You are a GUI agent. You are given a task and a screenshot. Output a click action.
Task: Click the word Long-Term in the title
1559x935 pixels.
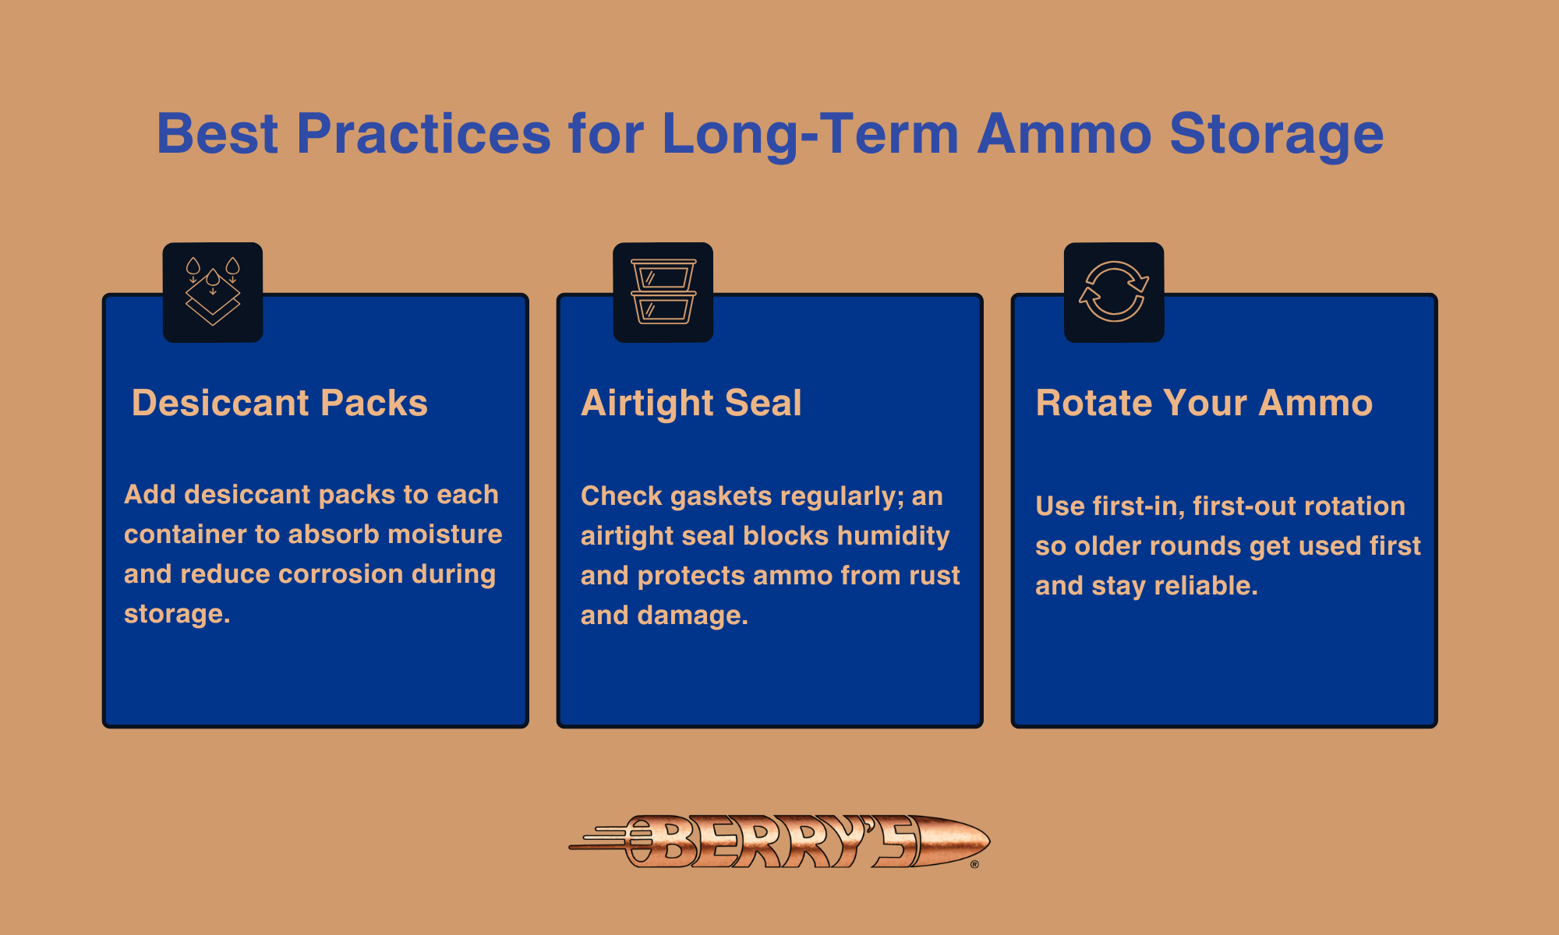click(810, 134)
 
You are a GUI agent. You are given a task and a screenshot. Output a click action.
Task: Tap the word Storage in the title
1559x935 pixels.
click(1276, 134)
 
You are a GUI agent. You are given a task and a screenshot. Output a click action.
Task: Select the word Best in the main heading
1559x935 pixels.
click(217, 134)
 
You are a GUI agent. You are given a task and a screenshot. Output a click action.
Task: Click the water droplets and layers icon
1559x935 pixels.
click(213, 292)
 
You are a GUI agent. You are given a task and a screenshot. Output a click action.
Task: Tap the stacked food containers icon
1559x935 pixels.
click(663, 292)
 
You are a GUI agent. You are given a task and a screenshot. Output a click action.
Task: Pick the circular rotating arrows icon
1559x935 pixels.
click(1114, 292)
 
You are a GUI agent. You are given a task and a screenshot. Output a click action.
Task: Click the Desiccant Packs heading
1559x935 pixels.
click(279, 404)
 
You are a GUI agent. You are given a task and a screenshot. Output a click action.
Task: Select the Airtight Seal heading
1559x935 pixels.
click(691, 404)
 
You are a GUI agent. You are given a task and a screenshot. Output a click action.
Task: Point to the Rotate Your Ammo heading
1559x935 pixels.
click(1204, 404)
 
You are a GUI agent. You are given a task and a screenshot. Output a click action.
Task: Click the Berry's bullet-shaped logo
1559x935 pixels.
click(779, 841)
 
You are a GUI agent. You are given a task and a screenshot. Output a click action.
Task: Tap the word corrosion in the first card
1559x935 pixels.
click(340, 574)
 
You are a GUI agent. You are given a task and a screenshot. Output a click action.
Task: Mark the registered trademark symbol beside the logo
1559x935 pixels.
click(974, 864)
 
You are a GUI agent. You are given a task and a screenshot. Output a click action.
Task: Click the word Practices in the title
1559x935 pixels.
click(423, 134)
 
